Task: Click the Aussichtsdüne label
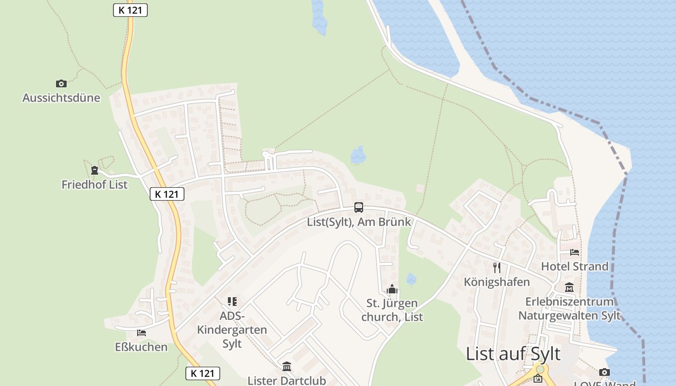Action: point(61,98)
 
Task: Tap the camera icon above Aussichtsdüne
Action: point(61,84)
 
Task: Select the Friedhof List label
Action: point(95,184)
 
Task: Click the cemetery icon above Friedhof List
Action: point(95,170)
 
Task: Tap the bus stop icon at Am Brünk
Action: point(358,207)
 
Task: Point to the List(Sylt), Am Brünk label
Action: point(359,222)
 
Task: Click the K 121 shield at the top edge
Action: point(130,10)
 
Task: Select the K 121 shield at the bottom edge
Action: point(203,373)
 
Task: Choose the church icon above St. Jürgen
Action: point(392,289)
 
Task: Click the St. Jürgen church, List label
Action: point(392,310)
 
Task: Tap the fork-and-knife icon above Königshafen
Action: point(497,268)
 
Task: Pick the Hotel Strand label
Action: point(575,266)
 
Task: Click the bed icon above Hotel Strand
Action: point(575,252)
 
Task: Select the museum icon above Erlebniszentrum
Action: point(569,288)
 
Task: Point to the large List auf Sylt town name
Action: point(513,354)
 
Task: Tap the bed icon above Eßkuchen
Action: point(141,333)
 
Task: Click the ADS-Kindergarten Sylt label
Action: point(232,330)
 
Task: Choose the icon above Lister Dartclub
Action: point(287,367)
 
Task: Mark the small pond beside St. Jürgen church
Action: point(411,279)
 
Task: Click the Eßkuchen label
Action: point(141,347)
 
